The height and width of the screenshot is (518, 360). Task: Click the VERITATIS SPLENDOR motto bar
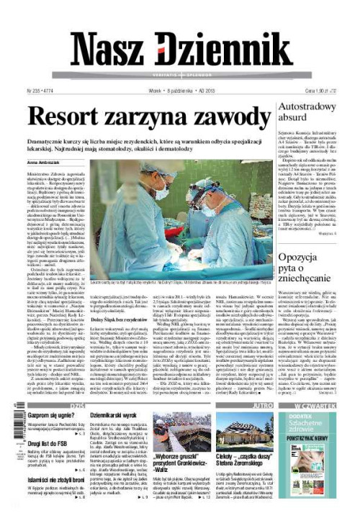[180, 74]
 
